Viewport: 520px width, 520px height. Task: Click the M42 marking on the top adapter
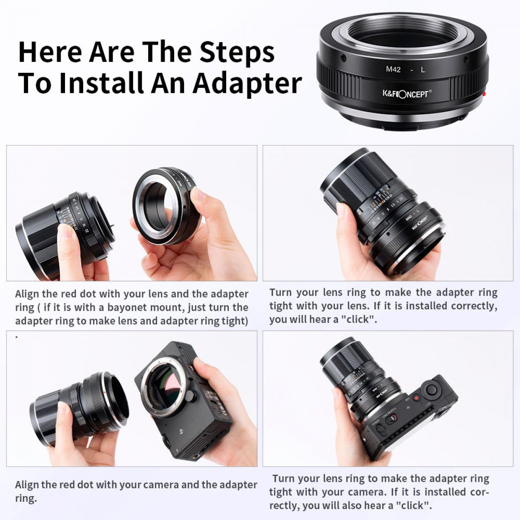coord(393,69)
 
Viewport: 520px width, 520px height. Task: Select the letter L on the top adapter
coord(423,69)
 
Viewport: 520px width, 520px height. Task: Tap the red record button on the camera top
coord(416,398)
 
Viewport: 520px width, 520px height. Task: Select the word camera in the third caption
coord(161,485)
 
